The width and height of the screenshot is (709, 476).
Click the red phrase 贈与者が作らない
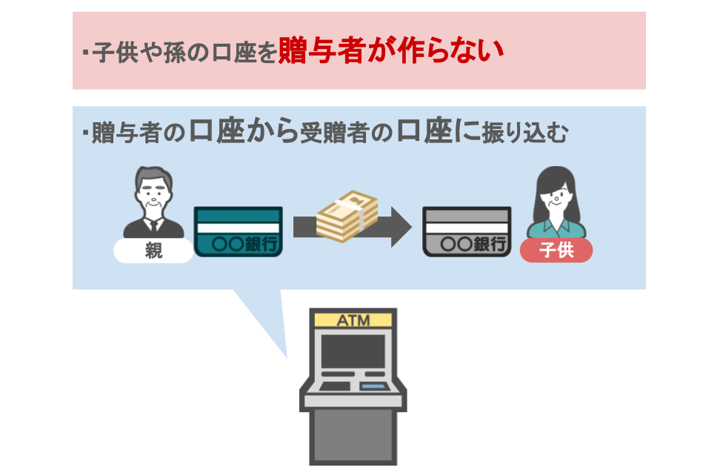point(390,52)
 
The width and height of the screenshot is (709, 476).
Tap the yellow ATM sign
point(353,320)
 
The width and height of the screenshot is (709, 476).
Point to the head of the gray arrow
point(401,227)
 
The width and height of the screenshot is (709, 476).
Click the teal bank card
point(237,231)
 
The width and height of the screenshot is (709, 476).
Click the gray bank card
point(466,231)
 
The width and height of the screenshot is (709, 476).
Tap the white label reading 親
point(153,251)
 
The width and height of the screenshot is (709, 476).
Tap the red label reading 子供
point(556,251)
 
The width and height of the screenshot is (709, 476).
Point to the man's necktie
point(153,226)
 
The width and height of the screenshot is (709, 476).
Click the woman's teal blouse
point(556,226)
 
